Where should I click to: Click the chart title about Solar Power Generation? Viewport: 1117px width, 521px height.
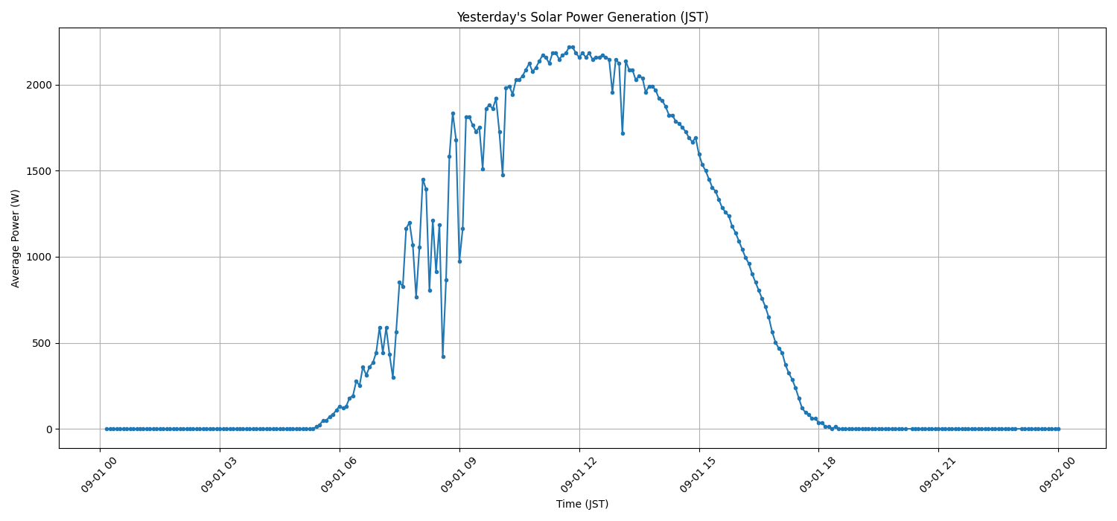point(582,17)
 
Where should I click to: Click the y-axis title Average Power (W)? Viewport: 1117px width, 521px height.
point(16,238)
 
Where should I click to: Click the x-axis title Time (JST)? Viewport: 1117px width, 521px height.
point(582,504)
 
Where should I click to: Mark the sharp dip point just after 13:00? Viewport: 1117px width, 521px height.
point(623,133)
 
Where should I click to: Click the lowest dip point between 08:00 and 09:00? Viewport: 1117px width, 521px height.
point(443,357)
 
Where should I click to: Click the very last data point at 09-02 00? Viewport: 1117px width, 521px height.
point(1058,429)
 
